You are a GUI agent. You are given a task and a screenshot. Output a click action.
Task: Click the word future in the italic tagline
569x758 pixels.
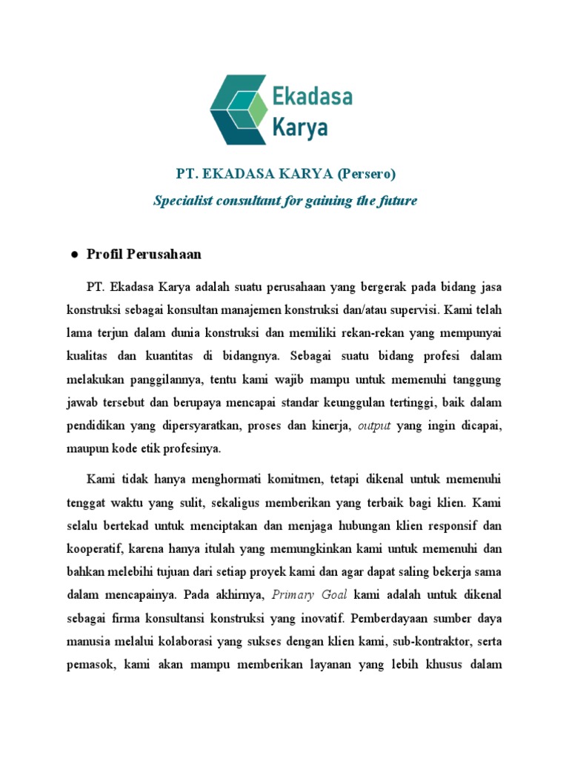click(x=397, y=201)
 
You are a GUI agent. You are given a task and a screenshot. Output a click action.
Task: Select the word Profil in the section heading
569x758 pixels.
click(x=104, y=254)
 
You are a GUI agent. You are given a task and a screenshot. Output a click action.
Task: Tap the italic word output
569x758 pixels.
click(x=374, y=426)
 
